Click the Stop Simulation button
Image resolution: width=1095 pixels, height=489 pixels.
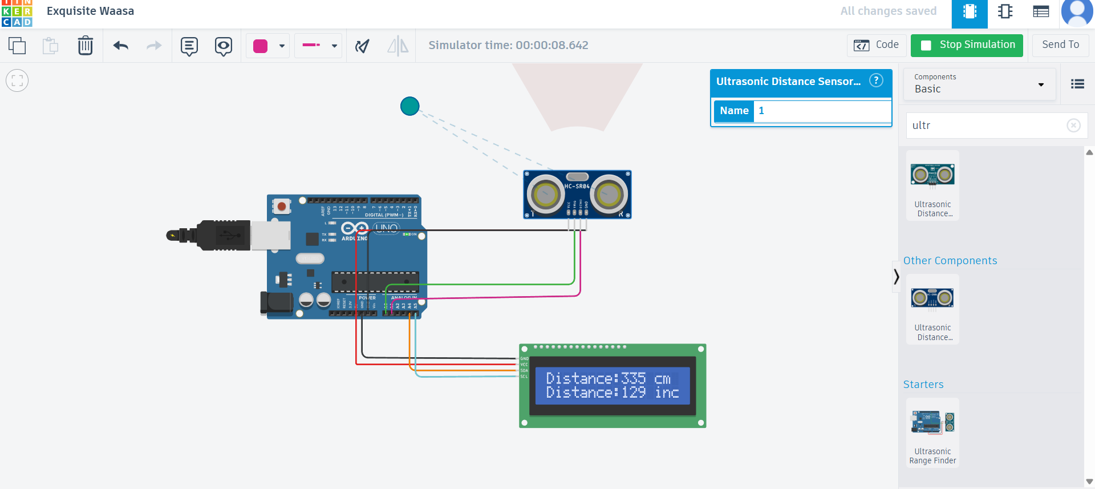pos(967,45)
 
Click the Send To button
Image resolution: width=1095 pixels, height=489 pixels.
pos(1060,45)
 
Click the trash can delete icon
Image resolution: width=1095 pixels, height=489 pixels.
pos(85,46)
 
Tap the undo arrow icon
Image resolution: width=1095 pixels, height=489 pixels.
pos(121,46)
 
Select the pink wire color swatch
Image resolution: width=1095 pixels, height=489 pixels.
pos(261,46)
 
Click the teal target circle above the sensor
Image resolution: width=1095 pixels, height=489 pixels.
pos(409,106)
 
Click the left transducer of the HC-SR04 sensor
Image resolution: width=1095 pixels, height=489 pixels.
pos(546,195)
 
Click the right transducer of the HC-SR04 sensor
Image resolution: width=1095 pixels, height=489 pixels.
pos(609,195)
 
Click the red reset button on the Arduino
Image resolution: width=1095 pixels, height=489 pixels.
pos(281,205)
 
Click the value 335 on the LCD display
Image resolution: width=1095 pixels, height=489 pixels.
pos(633,378)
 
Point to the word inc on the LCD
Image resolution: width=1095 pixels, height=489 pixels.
pos(667,393)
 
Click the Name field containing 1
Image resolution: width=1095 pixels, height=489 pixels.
pos(821,111)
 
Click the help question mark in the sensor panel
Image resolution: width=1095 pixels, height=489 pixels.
pos(876,80)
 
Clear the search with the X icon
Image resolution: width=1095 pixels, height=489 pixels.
pos(1073,126)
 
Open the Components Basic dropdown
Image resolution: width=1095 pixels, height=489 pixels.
pos(979,84)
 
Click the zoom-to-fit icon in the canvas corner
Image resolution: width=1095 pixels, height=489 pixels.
pos(17,81)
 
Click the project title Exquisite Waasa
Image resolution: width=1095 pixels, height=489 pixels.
pos(90,11)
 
